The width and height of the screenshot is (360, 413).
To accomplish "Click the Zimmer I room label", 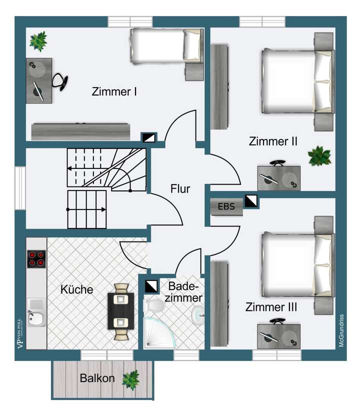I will coord(114,92).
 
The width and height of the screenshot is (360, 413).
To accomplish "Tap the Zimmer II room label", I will coord(273,141).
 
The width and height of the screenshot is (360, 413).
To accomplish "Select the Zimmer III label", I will coord(271,307).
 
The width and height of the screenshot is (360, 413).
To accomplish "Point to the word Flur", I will coord(180,189).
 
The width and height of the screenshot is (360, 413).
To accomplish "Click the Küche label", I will coord(76,289).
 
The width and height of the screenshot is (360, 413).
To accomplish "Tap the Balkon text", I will coord(97,378).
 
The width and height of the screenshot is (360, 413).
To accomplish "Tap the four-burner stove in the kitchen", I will coord(36,258).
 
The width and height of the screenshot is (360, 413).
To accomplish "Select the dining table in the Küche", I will coord(121,311).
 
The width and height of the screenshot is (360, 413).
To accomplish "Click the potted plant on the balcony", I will coord(131,378).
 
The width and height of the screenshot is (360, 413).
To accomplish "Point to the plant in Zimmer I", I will coord(38,41).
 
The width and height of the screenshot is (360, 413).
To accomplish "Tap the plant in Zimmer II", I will coord(318,156).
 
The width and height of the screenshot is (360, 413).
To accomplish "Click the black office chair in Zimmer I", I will coord(60,81).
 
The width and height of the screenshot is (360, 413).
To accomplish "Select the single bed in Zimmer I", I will coord(166,45).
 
